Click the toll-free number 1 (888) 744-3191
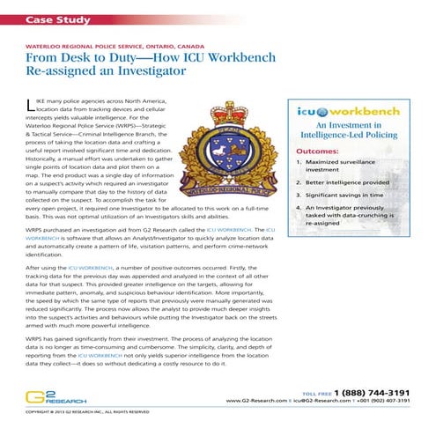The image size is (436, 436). pos(369,393)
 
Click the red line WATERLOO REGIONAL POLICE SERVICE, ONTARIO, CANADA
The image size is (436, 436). pos(110,44)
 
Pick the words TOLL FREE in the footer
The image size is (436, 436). pos(316,393)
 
